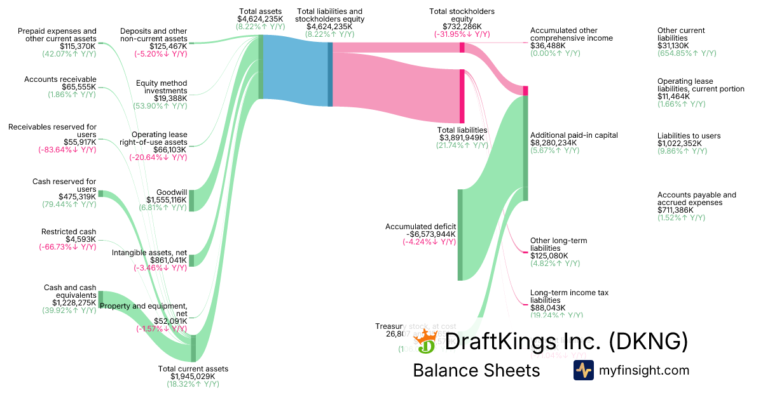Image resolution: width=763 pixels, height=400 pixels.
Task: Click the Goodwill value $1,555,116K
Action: pos(167,199)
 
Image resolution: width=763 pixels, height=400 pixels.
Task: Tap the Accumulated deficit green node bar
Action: pos(460,234)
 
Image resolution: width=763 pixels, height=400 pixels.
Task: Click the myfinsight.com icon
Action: pos(583,370)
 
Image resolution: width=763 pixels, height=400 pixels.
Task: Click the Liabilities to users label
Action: pos(689,135)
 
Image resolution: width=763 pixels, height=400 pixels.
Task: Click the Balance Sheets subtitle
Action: pos(476,370)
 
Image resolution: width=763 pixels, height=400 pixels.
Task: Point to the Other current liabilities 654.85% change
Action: pos(687,53)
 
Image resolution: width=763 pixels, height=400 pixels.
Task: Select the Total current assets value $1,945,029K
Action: pos(193,377)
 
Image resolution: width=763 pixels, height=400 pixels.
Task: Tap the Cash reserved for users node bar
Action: pos(100,194)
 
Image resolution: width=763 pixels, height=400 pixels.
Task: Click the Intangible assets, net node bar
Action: pos(191,260)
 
